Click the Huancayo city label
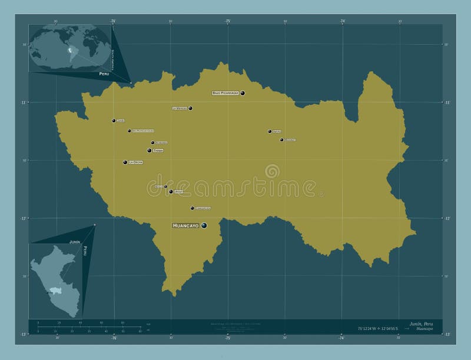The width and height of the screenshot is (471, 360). (185, 226)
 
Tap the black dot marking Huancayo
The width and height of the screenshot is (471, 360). (204, 225)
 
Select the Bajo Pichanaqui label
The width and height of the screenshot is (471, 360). (225, 93)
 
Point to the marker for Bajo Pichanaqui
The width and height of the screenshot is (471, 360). (242, 93)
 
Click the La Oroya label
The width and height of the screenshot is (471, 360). (135, 162)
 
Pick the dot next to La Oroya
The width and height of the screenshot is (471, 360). (125, 162)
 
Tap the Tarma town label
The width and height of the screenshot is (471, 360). (158, 151)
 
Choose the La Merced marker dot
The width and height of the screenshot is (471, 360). (190, 108)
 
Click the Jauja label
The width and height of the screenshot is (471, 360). (179, 192)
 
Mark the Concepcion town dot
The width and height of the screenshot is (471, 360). (192, 208)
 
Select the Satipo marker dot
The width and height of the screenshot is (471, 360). (270, 131)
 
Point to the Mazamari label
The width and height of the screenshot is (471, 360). (290, 140)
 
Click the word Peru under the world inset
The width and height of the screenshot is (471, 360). (104, 74)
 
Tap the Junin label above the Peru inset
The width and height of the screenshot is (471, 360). (75, 242)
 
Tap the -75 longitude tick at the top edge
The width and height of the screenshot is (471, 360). (227, 21)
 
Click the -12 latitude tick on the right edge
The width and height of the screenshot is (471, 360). (447, 218)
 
